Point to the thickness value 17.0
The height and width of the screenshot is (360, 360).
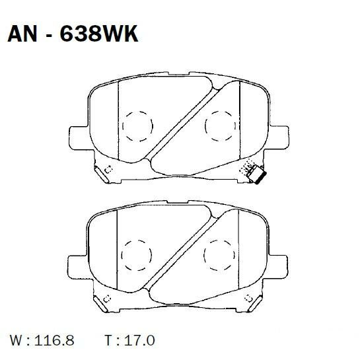click(x=138, y=342)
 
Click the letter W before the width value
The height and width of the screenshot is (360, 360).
click(x=15, y=342)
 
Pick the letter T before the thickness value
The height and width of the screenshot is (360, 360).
click(x=108, y=342)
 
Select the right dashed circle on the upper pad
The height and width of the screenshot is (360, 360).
click(x=220, y=124)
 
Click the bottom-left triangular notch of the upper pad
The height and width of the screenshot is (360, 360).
click(x=102, y=174)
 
